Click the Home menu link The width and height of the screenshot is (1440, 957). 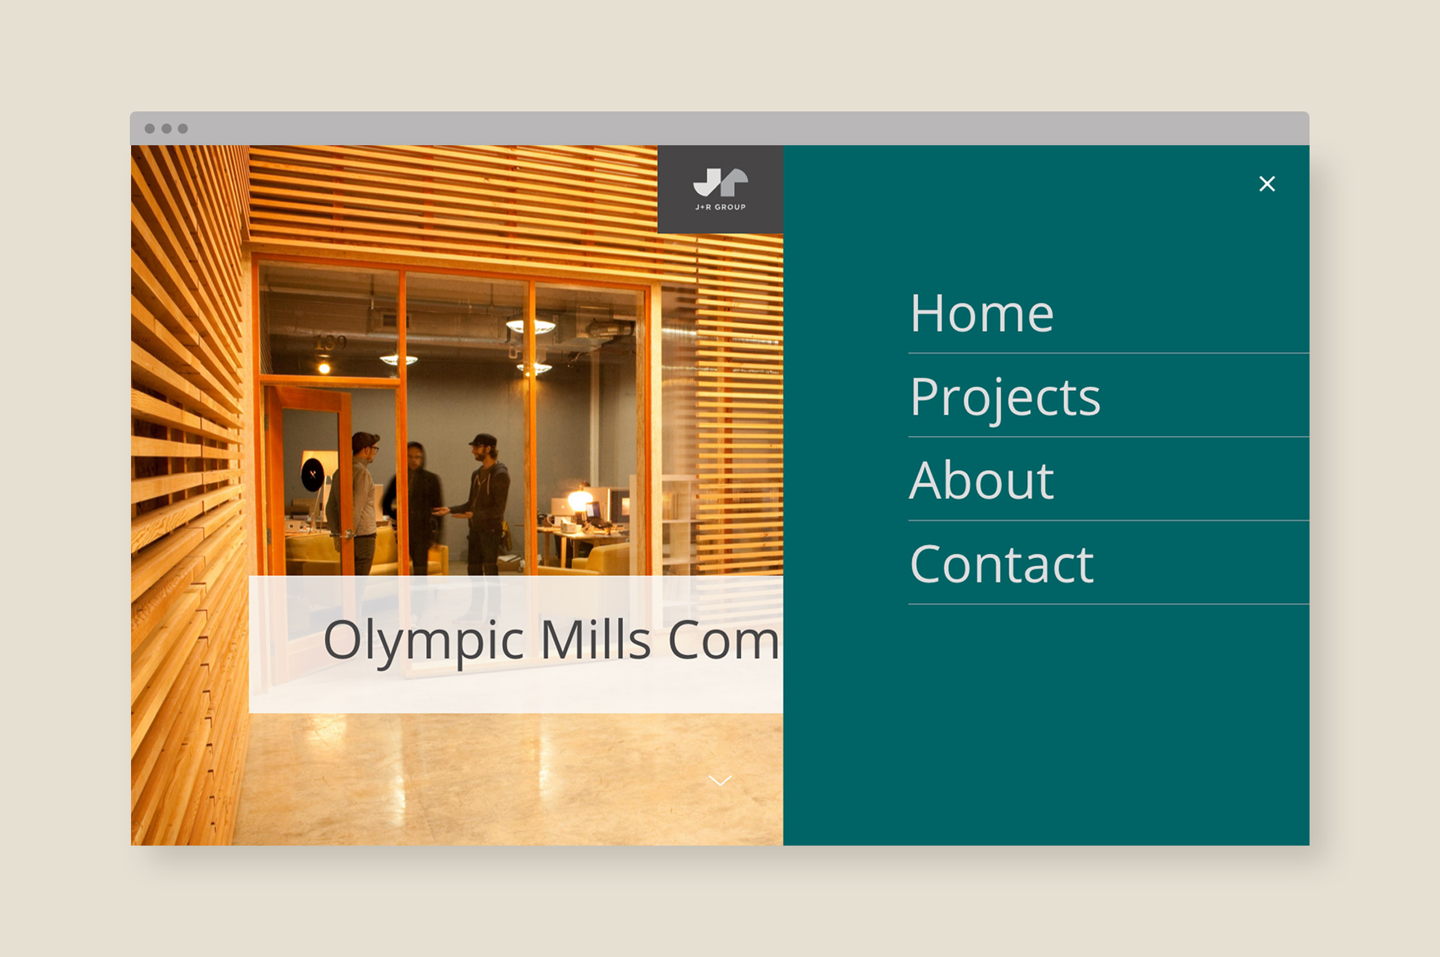pyautogui.click(x=982, y=314)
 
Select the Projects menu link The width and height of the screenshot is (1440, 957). pyautogui.click(x=1005, y=398)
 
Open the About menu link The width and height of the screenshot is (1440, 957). pyautogui.click(x=982, y=481)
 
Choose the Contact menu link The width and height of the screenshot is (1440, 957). pyautogui.click(x=1001, y=564)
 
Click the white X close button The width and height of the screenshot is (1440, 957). pyautogui.click(x=1266, y=184)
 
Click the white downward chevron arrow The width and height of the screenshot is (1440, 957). pyautogui.click(x=720, y=780)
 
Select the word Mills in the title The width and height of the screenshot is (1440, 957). pyautogui.click(x=595, y=640)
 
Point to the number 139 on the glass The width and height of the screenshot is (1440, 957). pyautogui.click(x=330, y=342)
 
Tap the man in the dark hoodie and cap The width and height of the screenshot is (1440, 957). pyautogui.click(x=486, y=499)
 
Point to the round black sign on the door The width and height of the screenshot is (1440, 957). pyautogui.click(x=313, y=474)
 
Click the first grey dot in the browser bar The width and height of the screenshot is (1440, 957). pyautogui.click(x=150, y=129)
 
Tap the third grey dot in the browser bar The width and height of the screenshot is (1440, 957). pyautogui.click(x=183, y=129)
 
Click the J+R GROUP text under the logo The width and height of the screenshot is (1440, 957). pyautogui.click(x=720, y=207)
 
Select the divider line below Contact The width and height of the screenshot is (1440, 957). pyautogui.click(x=1108, y=604)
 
